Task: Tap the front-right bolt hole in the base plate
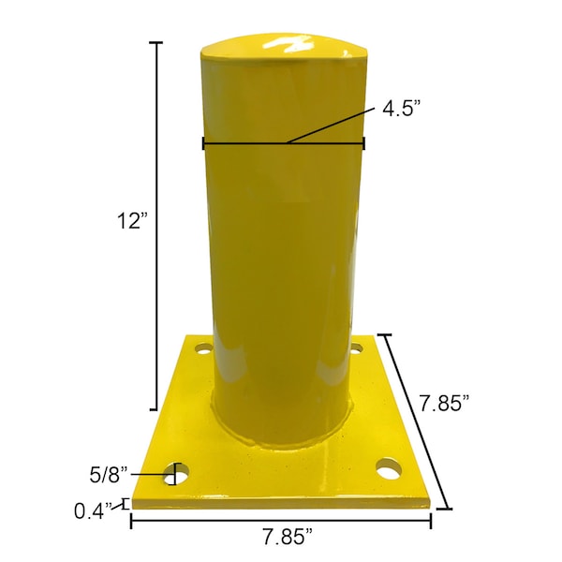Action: click(387, 466)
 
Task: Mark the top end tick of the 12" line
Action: click(155, 43)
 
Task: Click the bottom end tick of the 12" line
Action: click(155, 409)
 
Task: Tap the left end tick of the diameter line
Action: click(203, 143)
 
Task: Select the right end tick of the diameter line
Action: click(363, 143)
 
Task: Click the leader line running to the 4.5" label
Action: click(333, 125)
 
